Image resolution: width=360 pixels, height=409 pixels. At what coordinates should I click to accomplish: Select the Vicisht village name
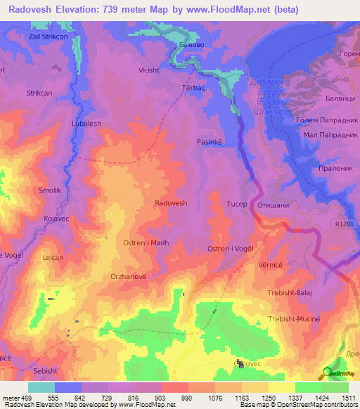150,71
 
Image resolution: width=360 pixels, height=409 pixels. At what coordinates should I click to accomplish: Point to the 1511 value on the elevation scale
347,398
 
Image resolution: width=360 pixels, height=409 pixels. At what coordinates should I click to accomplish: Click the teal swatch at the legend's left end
41,387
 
